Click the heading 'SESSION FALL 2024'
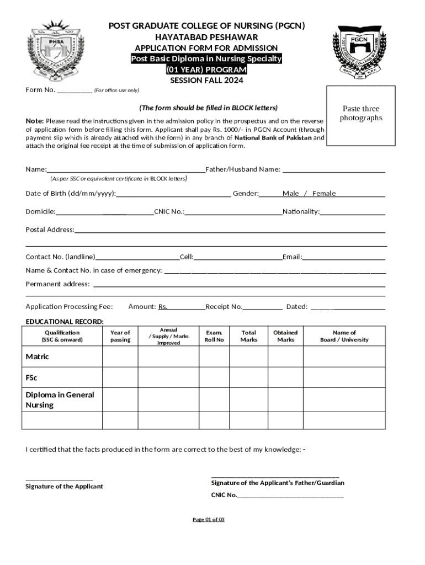206,81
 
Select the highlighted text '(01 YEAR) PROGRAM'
206,70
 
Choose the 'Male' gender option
291,193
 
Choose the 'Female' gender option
324,193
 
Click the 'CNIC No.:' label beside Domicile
169,211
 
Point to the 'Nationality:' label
301,211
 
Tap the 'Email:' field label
292,257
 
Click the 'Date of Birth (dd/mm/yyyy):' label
71,193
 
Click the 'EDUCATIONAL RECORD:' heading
65,322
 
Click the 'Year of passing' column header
120,336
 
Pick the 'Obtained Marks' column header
285,336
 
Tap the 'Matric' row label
38,356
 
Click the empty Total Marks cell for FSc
249,378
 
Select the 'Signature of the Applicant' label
64,486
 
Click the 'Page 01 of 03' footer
208,520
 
